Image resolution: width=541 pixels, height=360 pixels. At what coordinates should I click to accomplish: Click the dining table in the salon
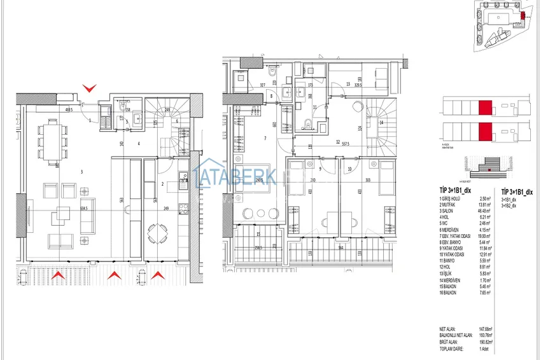click(51, 140)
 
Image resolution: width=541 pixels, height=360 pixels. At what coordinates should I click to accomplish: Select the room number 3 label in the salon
click(81, 172)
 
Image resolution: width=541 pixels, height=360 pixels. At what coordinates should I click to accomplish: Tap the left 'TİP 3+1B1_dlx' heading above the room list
click(455, 190)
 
